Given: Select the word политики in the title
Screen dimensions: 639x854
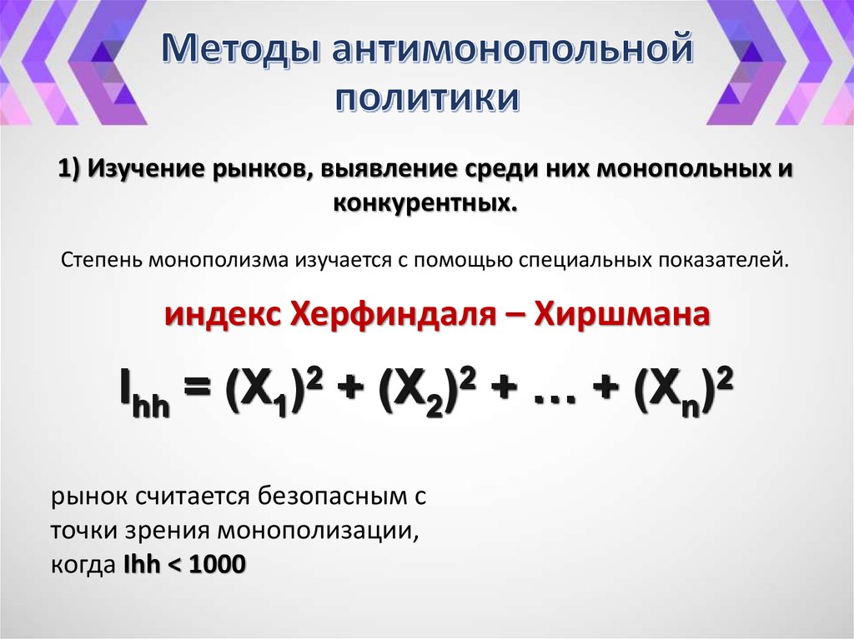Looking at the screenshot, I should [x=427, y=97].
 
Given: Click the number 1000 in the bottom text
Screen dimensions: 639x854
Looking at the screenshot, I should [x=219, y=564].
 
